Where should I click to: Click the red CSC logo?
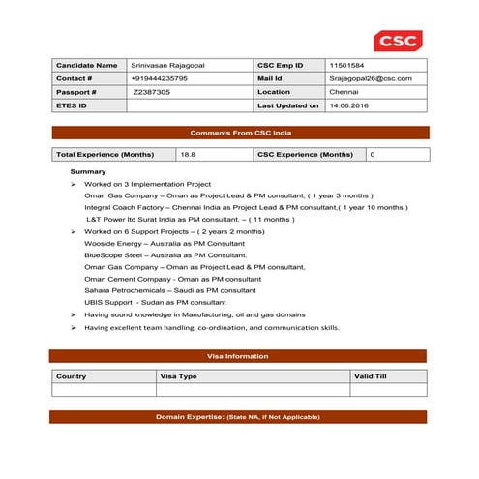397,42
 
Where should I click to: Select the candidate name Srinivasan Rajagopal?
166,64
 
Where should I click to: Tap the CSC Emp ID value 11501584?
348,64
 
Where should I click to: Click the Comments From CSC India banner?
240,132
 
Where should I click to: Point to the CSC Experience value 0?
373,154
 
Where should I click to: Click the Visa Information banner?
240,356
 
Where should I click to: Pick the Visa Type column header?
178,375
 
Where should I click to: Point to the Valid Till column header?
371,375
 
